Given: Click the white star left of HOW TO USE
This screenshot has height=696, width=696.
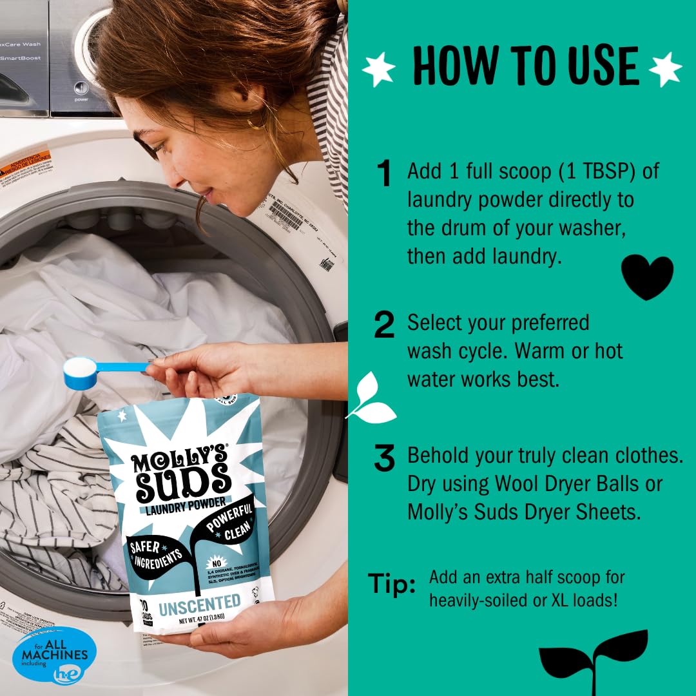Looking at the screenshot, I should [380, 69].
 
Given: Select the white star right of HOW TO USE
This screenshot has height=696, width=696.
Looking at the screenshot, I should [665, 69].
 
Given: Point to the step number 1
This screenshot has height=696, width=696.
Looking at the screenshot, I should [385, 175].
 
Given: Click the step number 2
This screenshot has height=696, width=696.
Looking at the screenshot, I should [384, 325].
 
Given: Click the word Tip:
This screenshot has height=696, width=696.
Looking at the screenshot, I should [392, 584].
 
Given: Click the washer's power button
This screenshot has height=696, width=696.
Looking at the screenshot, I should [81, 88].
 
